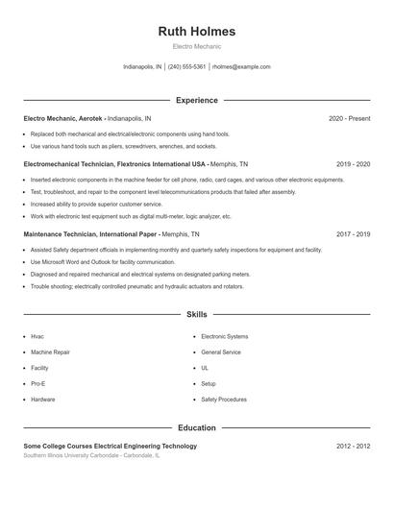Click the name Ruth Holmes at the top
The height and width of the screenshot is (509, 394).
[196, 32]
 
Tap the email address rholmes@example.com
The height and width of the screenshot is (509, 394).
[240, 67]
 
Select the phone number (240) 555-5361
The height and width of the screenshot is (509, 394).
[187, 67]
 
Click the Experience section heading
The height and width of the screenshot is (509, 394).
[196, 100]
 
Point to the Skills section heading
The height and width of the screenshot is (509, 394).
[196, 314]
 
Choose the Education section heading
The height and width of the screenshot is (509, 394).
[196, 427]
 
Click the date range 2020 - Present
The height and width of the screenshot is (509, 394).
[349, 118]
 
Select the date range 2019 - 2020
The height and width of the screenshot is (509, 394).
[353, 164]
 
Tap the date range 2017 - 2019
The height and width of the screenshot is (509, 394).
[353, 233]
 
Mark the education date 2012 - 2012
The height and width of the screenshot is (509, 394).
[353, 446]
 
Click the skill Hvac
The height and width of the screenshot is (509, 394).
[37, 336]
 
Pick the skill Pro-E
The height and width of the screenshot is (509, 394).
[39, 383]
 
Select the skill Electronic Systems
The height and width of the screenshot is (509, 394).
[224, 336]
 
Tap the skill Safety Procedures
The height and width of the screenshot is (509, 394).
[224, 400]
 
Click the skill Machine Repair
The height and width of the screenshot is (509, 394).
[50, 352]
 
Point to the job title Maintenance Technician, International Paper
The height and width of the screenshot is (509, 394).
[91, 233]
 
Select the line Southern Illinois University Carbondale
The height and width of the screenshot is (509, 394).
[91, 455]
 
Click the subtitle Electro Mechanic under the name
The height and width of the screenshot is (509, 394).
[196, 46]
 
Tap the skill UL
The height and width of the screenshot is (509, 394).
[205, 368]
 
